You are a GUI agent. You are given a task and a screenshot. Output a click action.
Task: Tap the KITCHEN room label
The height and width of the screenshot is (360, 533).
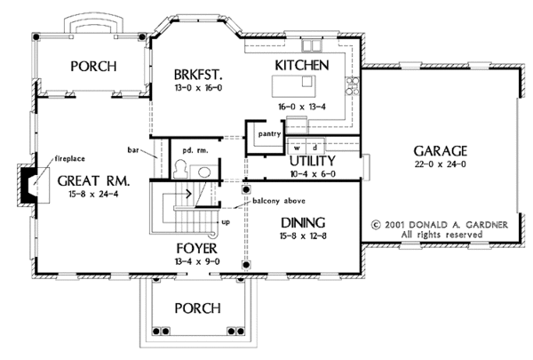pyautogui.click(x=302, y=66)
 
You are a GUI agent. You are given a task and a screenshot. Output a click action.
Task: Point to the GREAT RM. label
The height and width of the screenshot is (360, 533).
pyautogui.click(x=93, y=180)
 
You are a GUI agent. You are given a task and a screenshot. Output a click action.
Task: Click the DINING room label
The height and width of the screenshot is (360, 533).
pyautogui.click(x=303, y=222)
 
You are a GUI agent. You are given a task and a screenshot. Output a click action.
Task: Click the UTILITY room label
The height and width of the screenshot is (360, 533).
pyautogui.click(x=312, y=161)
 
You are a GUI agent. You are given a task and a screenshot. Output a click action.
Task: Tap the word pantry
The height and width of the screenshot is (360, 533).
pyautogui.click(x=269, y=133)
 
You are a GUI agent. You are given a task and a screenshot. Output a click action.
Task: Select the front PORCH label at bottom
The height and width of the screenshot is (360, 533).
pyautogui.click(x=197, y=308)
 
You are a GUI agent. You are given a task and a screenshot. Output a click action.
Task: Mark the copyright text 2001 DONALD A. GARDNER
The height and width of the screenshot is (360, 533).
pyautogui.click(x=441, y=224)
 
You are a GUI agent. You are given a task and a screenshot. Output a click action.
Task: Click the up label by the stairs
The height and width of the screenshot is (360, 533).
pyautogui.click(x=225, y=221)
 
